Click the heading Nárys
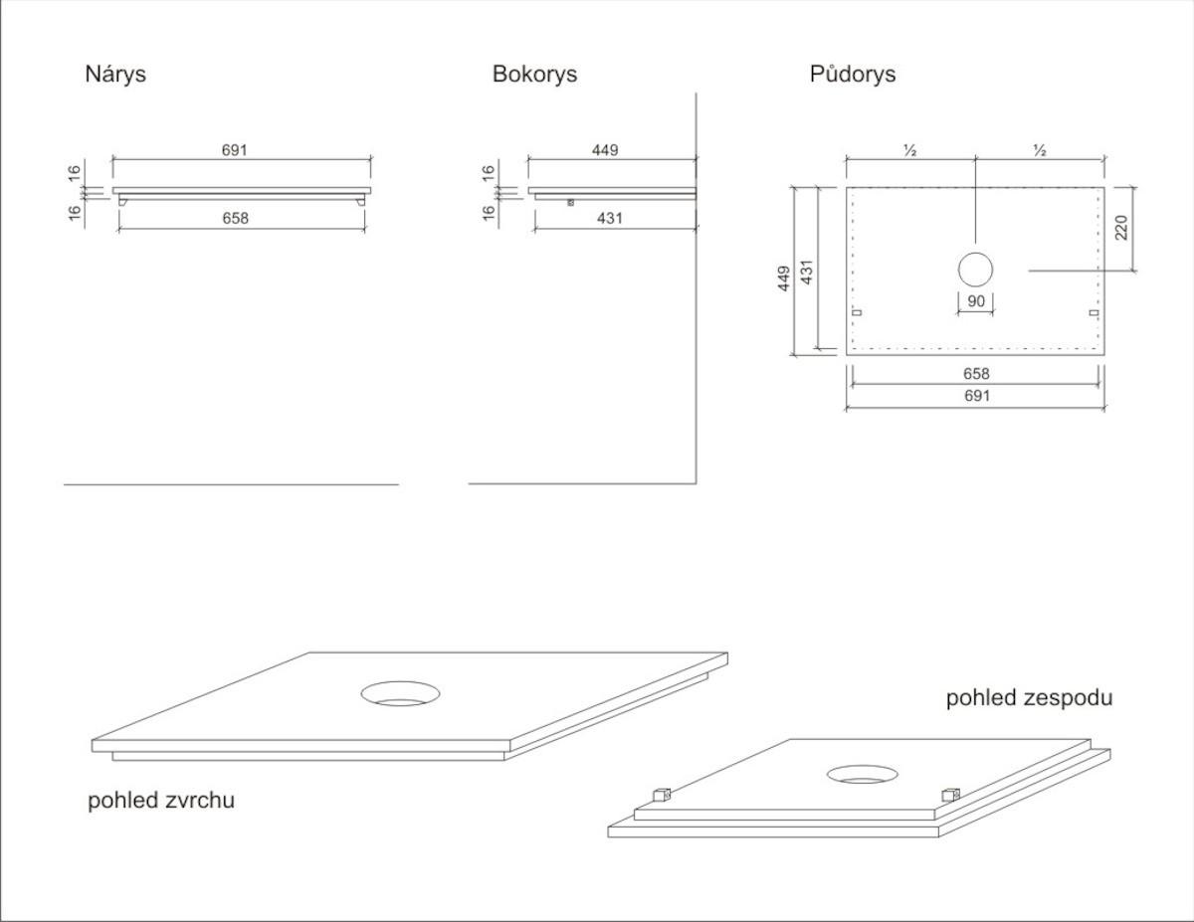[115, 75]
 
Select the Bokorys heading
[534, 75]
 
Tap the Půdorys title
[853, 75]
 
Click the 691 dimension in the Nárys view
[235, 150]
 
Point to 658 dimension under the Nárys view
[235, 218]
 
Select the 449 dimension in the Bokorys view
[605, 150]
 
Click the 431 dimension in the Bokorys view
[610, 218]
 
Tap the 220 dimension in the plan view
[1121, 228]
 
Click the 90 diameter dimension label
[976, 301]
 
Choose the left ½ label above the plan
[909, 150]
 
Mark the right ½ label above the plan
[1040, 150]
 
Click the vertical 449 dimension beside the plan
[784, 278]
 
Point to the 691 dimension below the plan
[977, 396]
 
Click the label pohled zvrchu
[161, 800]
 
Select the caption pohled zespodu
[1029, 698]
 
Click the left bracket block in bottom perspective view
[662, 795]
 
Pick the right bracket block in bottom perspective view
[950, 795]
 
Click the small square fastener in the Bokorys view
[570, 203]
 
